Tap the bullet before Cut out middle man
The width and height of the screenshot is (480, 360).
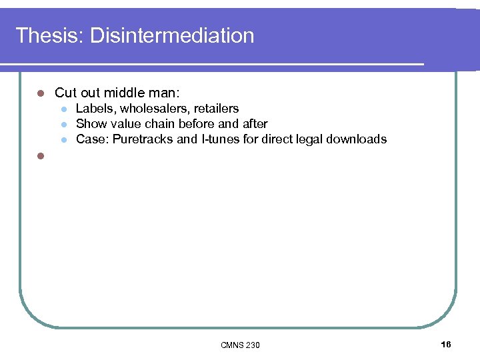[x=40, y=93]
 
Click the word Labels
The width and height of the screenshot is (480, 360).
[x=95, y=109]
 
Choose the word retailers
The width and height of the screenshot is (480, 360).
[x=216, y=109]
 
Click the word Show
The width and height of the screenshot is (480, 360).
[x=91, y=124]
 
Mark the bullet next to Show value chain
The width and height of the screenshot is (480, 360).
[x=63, y=125]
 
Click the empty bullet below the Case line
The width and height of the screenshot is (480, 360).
[x=40, y=156]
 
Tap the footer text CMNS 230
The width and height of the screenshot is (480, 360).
[x=240, y=345]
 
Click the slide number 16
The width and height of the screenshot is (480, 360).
[x=446, y=344]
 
